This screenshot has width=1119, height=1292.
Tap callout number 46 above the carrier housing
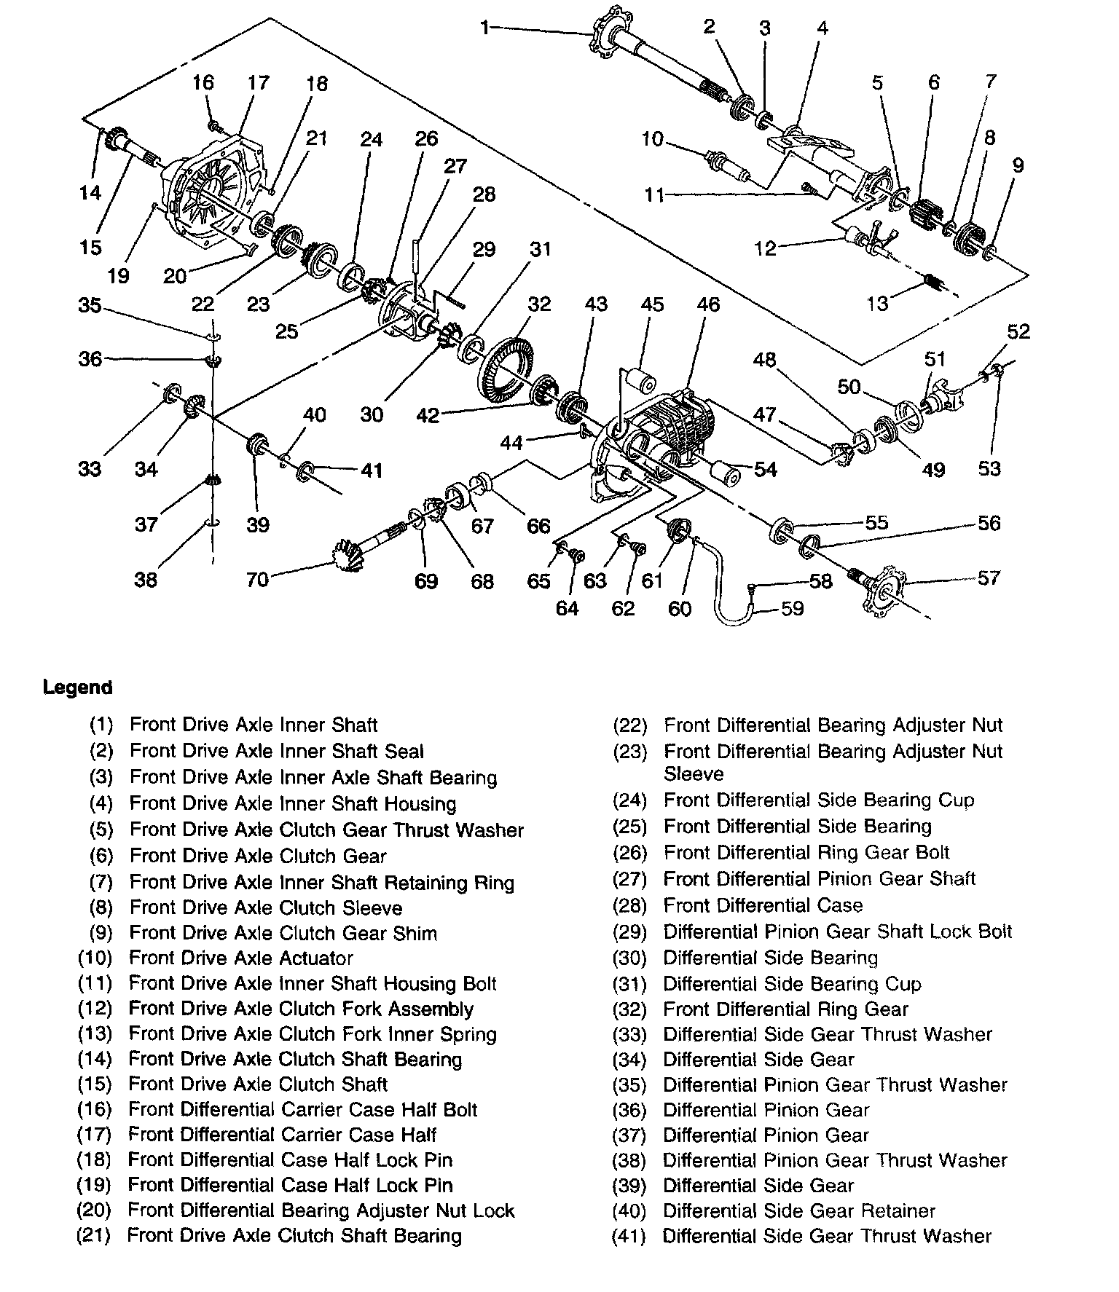[707, 304]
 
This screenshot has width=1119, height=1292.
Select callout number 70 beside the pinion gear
[258, 579]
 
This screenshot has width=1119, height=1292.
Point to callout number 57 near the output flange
[989, 578]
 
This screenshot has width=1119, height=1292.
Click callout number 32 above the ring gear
[539, 304]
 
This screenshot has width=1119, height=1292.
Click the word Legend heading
[78, 687]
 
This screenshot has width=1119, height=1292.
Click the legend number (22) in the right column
[630, 725]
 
